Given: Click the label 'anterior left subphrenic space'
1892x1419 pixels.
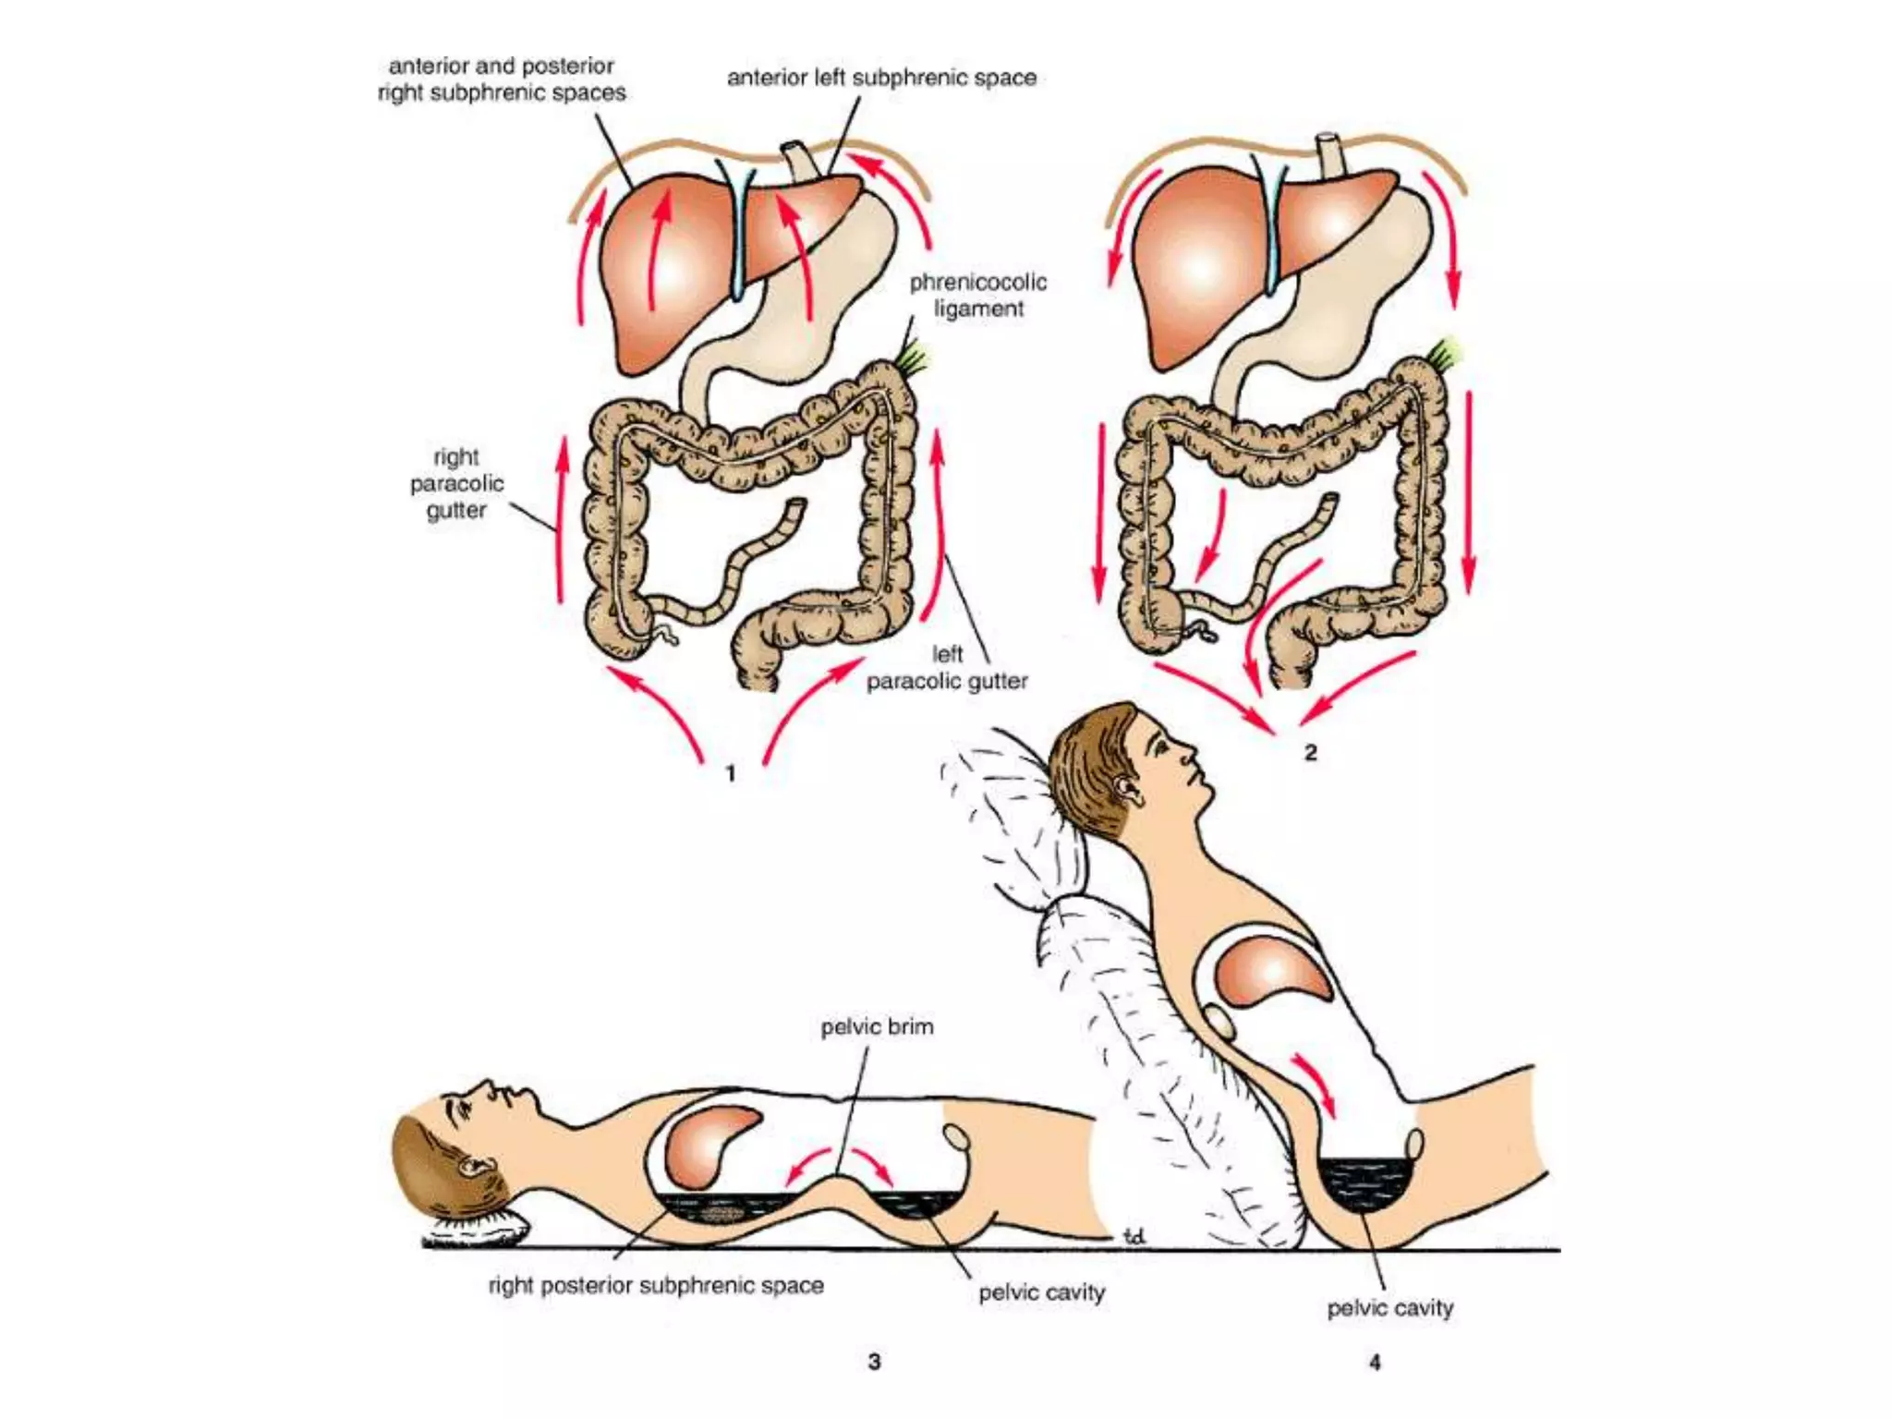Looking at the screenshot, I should (x=881, y=78).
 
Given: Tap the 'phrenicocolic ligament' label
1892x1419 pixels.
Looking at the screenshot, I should (x=977, y=295).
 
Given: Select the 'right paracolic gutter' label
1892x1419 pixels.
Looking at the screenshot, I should (x=456, y=483).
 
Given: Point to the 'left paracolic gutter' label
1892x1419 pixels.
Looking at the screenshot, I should (x=947, y=668).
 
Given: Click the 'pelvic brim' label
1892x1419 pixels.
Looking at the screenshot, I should (x=877, y=1026).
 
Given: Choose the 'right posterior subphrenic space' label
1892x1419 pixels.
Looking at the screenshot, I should (x=656, y=1285).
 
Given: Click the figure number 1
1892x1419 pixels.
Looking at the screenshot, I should (x=731, y=773).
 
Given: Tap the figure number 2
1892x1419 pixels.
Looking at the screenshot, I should (x=1310, y=753).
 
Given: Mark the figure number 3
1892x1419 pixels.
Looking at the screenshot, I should (x=874, y=1361).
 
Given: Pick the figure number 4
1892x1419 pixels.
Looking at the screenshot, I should (x=1375, y=1362).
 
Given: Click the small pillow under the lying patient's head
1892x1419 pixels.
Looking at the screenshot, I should (x=477, y=1226).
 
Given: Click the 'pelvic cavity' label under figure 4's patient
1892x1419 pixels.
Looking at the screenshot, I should (x=1390, y=1308).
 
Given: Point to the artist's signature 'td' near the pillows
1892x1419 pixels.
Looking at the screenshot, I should (x=1134, y=1235).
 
